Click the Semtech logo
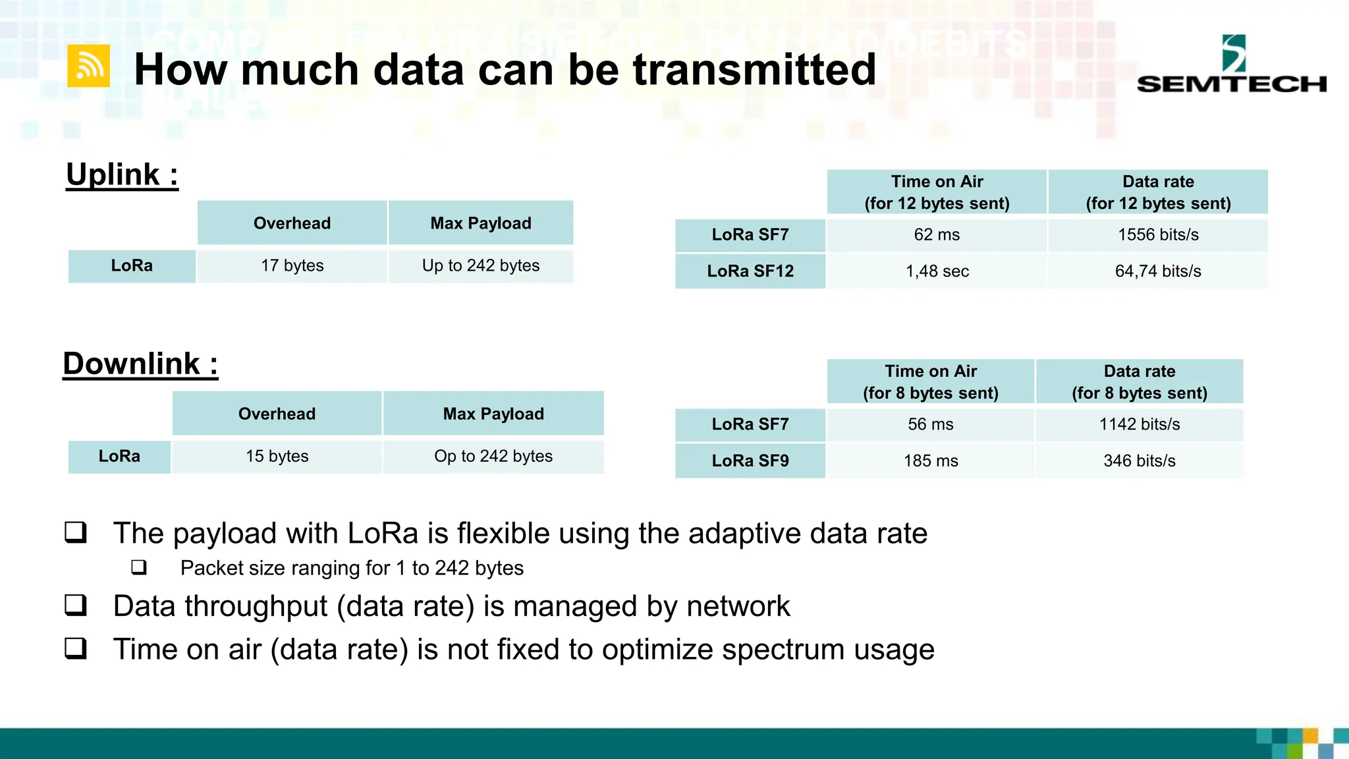pos(1231,65)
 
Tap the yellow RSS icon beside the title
pos(88,66)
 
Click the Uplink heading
pos(122,175)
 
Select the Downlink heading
pos(140,364)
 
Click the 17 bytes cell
pos(292,266)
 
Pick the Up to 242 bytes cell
pos(480,266)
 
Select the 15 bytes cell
pos(277,456)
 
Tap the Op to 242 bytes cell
pos(493,456)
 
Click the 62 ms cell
pos(936,235)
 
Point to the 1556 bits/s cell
pos(1157,235)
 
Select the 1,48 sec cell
pos(936,271)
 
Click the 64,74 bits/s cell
pos(1157,271)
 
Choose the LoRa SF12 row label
pos(750,271)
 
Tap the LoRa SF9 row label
pos(750,461)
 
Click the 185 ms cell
pos(930,461)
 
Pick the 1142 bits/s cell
pos(1139,424)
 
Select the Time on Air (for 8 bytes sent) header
pos(930,382)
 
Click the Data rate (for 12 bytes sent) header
pos(1157,192)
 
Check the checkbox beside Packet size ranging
pos(139,567)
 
